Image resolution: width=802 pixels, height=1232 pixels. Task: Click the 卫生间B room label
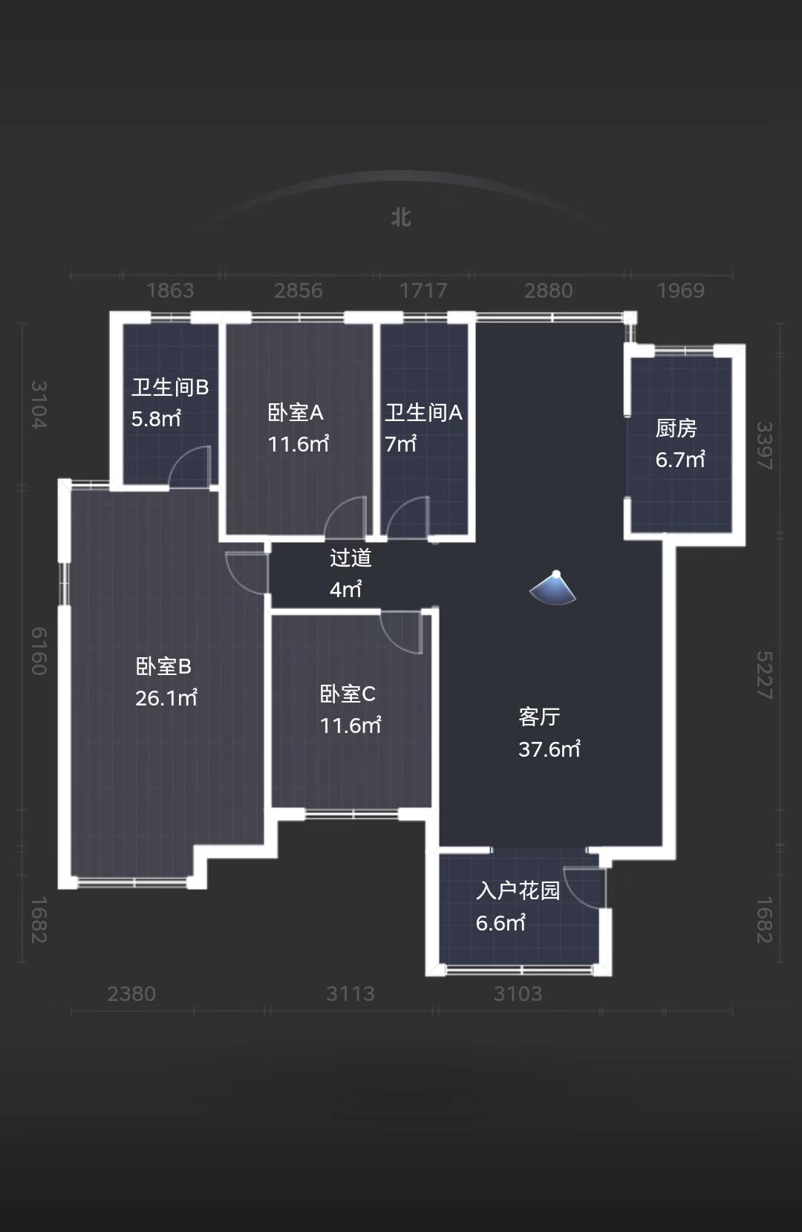click(170, 387)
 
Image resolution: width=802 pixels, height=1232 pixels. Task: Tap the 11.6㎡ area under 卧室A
click(298, 444)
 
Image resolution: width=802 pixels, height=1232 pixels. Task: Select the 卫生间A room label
click(423, 412)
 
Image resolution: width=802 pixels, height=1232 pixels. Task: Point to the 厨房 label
click(676, 428)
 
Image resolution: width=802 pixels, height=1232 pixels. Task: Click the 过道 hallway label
click(351, 558)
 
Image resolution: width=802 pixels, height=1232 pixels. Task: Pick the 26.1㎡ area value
click(166, 698)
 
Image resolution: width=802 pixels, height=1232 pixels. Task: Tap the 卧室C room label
click(348, 694)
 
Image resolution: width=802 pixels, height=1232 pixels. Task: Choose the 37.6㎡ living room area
click(550, 749)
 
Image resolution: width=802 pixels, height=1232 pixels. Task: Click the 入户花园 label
click(518, 890)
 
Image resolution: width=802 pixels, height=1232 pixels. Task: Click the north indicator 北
click(401, 218)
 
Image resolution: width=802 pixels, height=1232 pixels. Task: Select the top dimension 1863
click(170, 290)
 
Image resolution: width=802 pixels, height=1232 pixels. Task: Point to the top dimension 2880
click(548, 290)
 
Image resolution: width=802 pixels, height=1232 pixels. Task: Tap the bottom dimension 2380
click(131, 994)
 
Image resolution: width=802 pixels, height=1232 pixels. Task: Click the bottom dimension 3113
click(351, 994)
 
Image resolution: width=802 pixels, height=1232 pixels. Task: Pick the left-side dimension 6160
click(39, 651)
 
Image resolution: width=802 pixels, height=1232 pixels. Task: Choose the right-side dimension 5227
click(764, 674)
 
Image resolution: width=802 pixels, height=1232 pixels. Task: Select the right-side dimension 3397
click(764, 446)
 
